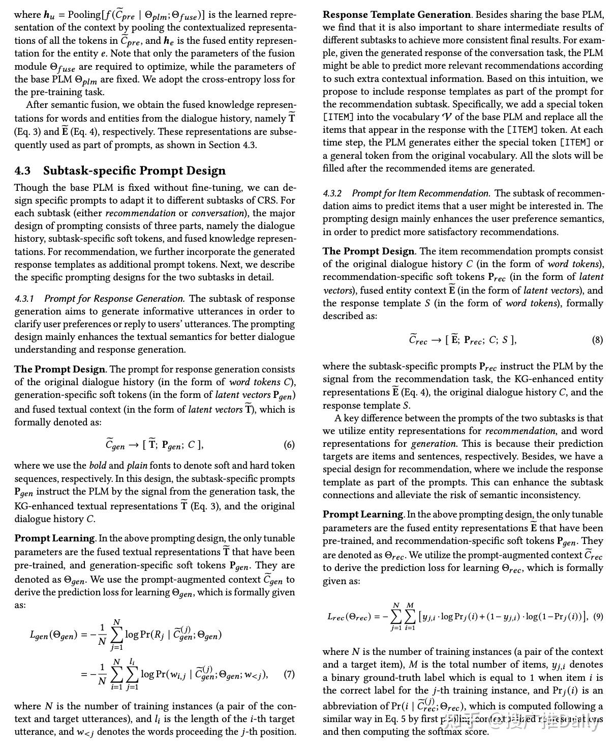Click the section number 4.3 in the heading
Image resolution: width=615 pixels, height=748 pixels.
(x=22, y=171)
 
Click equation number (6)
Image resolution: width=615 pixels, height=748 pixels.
(x=289, y=445)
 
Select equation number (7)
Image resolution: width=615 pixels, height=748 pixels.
(x=289, y=674)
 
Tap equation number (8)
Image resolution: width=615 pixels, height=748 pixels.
(x=597, y=340)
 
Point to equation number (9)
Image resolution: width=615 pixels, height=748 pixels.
(x=598, y=617)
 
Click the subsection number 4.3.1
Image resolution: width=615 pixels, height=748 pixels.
(x=24, y=299)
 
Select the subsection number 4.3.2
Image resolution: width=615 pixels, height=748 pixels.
(x=332, y=193)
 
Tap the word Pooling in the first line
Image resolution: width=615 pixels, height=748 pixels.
(x=84, y=15)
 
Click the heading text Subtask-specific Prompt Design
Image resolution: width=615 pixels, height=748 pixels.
(x=134, y=171)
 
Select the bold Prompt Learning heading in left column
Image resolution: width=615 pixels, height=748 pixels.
(x=54, y=538)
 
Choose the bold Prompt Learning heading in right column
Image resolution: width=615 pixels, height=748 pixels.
(x=363, y=514)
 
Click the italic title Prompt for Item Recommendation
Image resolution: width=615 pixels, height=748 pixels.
(x=421, y=193)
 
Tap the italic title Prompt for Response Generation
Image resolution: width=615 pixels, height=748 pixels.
(x=114, y=299)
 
